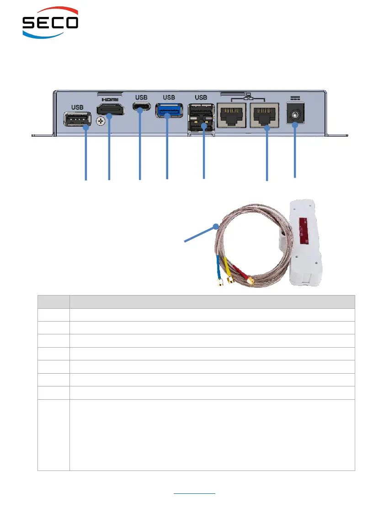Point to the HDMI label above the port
[109, 99]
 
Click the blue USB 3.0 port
[169, 111]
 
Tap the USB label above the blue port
[169, 97]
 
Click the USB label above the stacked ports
[201, 97]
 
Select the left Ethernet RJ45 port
[232, 115]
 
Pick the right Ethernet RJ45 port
[263, 115]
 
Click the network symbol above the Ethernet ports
[248, 97]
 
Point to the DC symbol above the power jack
[294, 97]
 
